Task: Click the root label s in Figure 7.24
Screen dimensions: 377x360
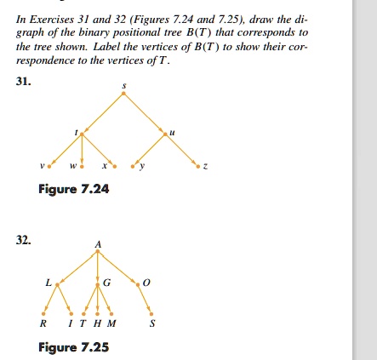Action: click(124, 87)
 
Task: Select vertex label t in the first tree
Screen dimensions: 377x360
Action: click(77, 131)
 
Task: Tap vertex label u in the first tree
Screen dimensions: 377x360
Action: click(174, 131)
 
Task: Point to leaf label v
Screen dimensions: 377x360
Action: click(43, 165)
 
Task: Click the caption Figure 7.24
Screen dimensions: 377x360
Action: click(74, 189)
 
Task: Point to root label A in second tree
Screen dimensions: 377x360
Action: click(98, 244)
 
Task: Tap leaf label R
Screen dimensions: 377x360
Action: click(43, 323)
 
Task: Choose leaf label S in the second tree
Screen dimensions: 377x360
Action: click(152, 323)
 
